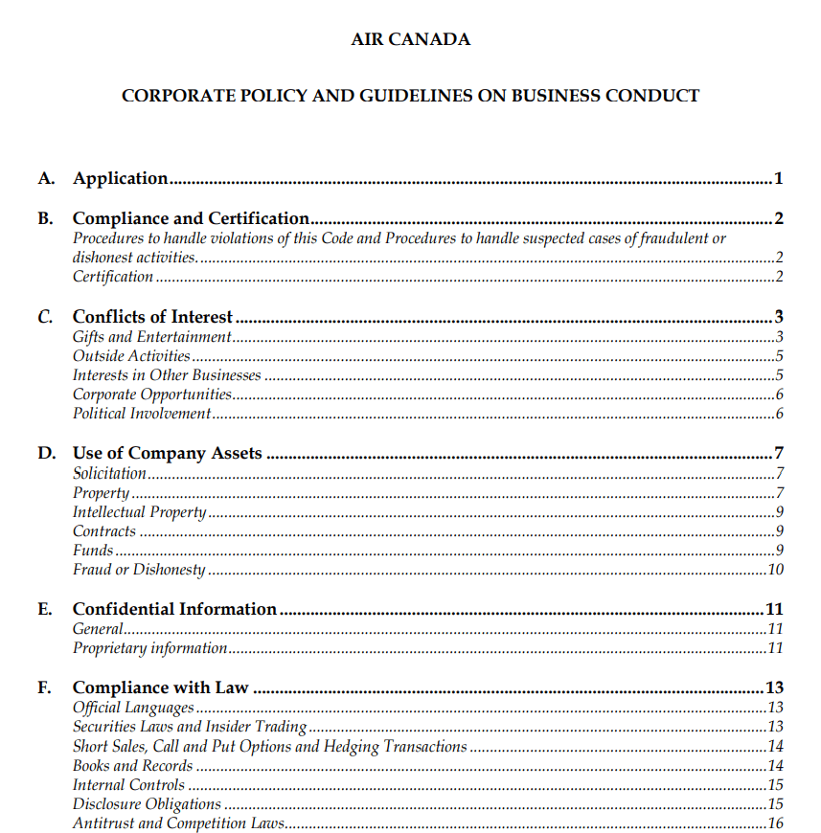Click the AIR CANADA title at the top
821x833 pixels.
(x=410, y=40)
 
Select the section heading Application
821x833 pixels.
(x=121, y=178)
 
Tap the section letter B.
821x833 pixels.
(x=44, y=218)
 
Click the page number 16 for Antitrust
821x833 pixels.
(x=775, y=823)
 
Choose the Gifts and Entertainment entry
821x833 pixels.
(x=151, y=337)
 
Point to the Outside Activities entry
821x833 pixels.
(x=131, y=356)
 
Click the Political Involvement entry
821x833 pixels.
(x=141, y=414)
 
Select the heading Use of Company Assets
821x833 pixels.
(x=167, y=453)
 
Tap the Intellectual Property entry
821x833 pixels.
(x=139, y=512)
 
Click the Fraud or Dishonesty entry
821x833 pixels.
(x=139, y=570)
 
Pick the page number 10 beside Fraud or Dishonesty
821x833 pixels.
(x=775, y=570)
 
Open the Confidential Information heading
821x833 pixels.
(x=174, y=609)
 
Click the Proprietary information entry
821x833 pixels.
(x=149, y=648)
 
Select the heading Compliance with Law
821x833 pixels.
(x=160, y=687)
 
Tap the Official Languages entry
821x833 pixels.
(x=133, y=708)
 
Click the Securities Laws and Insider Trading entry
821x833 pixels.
(x=189, y=727)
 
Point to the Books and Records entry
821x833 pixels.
(x=132, y=766)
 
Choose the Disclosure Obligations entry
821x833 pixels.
(x=147, y=804)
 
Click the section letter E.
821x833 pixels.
(x=44, y=609)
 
